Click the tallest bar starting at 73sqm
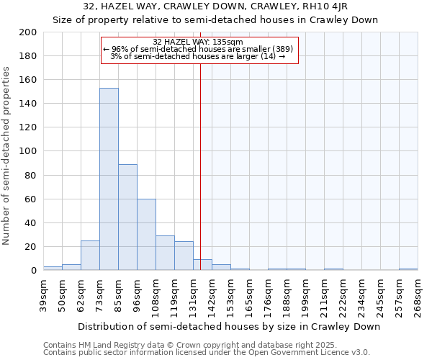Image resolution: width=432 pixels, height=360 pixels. tap(109, 179)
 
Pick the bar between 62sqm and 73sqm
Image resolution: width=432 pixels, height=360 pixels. tap(90, 256)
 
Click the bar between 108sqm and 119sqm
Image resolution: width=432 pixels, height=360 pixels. tap(165, 253)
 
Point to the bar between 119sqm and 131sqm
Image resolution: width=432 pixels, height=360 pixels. tap(184, 256)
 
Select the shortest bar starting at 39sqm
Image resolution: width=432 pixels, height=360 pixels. tap(53, 269)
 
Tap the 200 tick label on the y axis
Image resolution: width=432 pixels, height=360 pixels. tap(28, 32)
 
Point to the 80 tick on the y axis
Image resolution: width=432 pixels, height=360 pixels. tap(31, 175)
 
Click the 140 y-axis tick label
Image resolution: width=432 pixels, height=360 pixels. tap(28, 104)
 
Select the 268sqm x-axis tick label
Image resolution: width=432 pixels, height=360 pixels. tap(418, 295)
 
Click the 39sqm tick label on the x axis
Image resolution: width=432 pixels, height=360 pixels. tap(43, 295)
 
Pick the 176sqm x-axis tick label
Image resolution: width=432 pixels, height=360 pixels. tap(268, 295)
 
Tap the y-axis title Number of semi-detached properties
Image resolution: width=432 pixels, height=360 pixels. tap(7, 156)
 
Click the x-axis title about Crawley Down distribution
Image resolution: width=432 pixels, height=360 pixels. tap(228, 326)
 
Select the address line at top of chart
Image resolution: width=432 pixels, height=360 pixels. tap(215, 6)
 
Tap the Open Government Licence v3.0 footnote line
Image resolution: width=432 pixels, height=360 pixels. tap(207, 352)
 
